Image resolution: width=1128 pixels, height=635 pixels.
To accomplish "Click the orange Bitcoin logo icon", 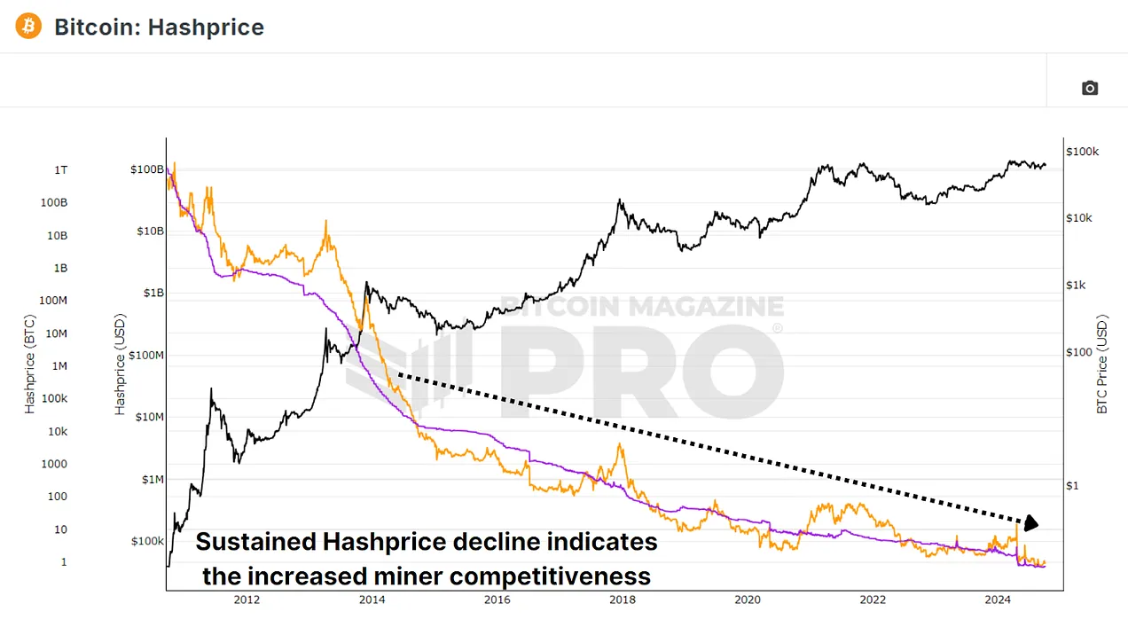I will (x=28, y=27).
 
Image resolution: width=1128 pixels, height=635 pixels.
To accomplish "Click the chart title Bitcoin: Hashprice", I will (x=159, y=27).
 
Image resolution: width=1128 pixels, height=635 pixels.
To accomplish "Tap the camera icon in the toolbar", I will (x=1090, y=88).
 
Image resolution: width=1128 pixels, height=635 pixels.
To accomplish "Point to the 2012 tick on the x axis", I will (x=247, y=600).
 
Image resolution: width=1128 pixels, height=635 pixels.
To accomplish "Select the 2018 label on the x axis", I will (x=623, y=600).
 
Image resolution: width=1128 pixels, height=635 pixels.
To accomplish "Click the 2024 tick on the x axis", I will (x=998, y=600).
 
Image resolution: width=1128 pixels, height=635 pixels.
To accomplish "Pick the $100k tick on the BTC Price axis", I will (x=1082, y=152).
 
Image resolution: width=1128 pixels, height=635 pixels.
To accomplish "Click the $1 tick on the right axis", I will (x=1071, y=485).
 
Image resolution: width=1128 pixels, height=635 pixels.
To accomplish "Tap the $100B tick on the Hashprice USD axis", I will (x=147, y=169).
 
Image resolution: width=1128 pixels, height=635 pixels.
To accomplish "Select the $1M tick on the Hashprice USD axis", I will (x=150, y=480).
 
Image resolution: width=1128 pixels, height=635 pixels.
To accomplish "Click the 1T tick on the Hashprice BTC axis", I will (x=60, y=169).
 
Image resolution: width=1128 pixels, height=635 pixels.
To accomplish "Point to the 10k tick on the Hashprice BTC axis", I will (x=58, y=431).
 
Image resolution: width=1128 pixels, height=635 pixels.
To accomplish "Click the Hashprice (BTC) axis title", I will (x=30, y=365).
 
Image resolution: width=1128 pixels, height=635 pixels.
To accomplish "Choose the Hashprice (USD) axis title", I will (x=120, y=365).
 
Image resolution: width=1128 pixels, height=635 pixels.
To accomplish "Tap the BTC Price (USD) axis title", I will (x=1102, y=364).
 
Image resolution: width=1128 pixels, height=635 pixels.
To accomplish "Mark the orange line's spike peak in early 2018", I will (x=619, y=444).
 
